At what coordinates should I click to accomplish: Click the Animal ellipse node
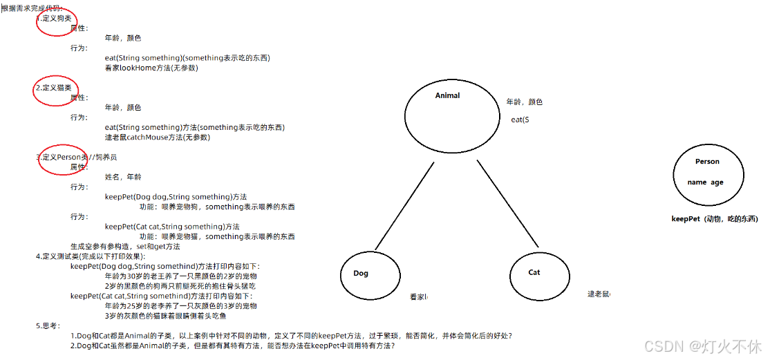pos(447,111)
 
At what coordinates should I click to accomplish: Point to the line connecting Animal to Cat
pos(507,204)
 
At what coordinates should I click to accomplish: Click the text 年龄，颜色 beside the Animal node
pos(524,102)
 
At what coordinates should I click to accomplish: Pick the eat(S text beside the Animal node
pos(520,120)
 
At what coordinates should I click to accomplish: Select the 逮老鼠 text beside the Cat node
pos(599,294)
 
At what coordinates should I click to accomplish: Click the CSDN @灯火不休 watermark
pos(702,344)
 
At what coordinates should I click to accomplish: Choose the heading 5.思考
pos(48,325)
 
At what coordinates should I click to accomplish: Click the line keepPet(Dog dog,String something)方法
pos(176,197)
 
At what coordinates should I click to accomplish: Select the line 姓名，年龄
pos(123,177)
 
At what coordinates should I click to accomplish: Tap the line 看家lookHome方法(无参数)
pos(151,68)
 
